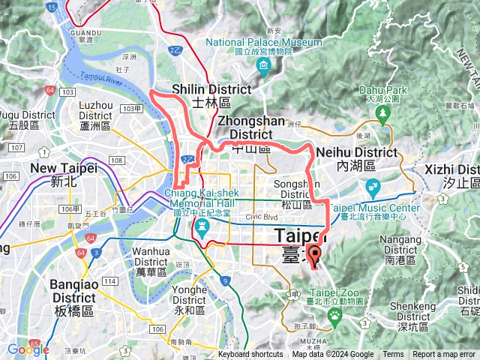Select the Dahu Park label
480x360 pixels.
click(382, 93)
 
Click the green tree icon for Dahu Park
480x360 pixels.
click(383, 115)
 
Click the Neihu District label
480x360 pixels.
click(357, 157)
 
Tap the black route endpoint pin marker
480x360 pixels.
click(314, 256)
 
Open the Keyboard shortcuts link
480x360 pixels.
click(250, 355)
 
